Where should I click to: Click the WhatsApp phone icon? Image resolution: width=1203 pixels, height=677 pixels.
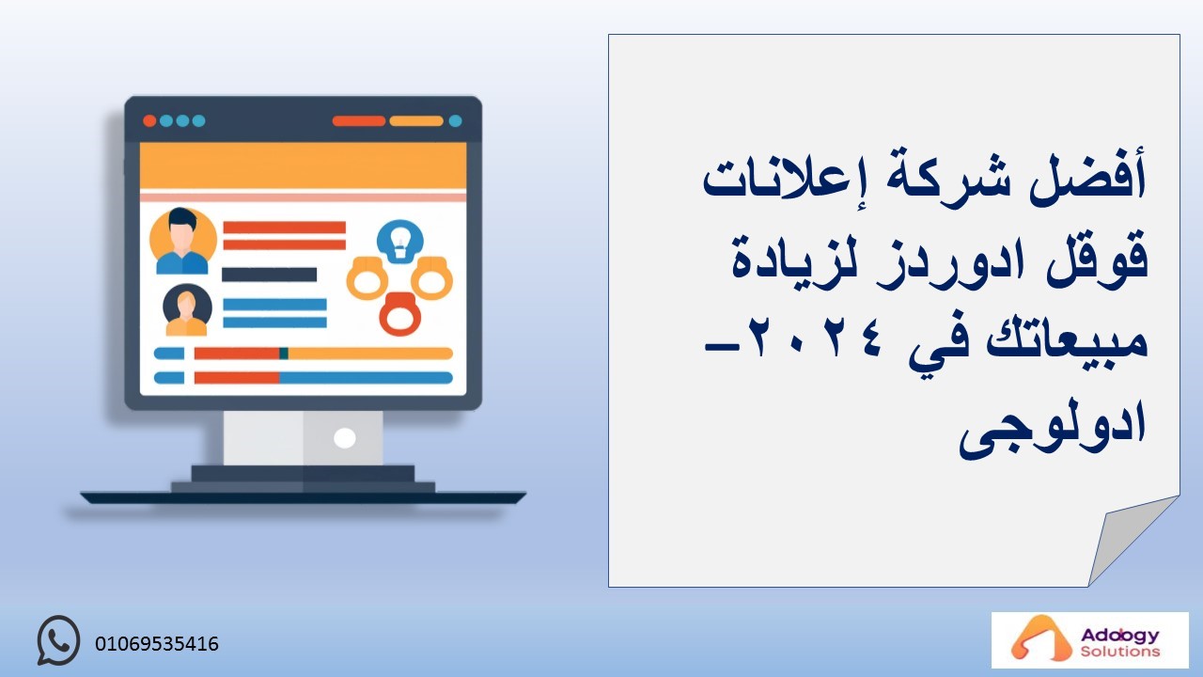[x=58, y=640]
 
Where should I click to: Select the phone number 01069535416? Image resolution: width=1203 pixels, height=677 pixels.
[x=157, y=644]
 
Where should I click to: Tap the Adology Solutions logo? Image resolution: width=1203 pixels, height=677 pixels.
[x=1089, y=640]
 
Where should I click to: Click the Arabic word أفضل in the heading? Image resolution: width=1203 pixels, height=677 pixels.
[x=1087, y=179]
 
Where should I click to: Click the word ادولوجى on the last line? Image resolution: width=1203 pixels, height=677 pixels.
[x=1053, y=430]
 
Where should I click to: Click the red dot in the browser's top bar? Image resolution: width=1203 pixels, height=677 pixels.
[x=149, y=121]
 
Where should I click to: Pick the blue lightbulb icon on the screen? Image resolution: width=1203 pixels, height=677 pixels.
[x=399, y=241]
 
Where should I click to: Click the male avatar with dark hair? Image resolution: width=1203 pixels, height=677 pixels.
[x=182, y=240]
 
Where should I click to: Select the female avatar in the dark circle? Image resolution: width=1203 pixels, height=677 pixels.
[x=187, y=310]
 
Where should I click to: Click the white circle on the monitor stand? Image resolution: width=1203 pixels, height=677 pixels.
[x=344, y=438]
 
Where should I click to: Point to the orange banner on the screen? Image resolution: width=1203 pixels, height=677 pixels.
[x=303, y=165]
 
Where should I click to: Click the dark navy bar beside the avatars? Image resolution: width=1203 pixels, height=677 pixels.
[x=269, y=275]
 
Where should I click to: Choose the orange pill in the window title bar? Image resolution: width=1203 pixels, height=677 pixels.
[x=416, y=121]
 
